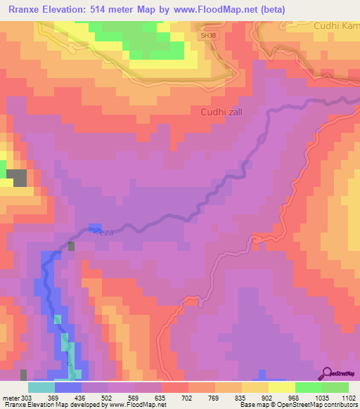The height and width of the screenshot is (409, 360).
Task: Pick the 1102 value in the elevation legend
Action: click(x=348, y=398)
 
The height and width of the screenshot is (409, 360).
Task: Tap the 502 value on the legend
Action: click(x=108, y=398)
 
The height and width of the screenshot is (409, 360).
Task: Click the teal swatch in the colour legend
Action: click(x=41, y=387)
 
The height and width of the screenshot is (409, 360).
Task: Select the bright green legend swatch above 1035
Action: click(x=308, y=387)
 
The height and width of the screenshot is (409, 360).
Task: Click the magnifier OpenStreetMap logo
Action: click(x=328, y=373)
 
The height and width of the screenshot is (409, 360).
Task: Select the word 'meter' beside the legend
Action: click(x=10, y=398)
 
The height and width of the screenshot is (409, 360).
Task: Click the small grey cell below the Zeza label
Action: click(x=72, y=246)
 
